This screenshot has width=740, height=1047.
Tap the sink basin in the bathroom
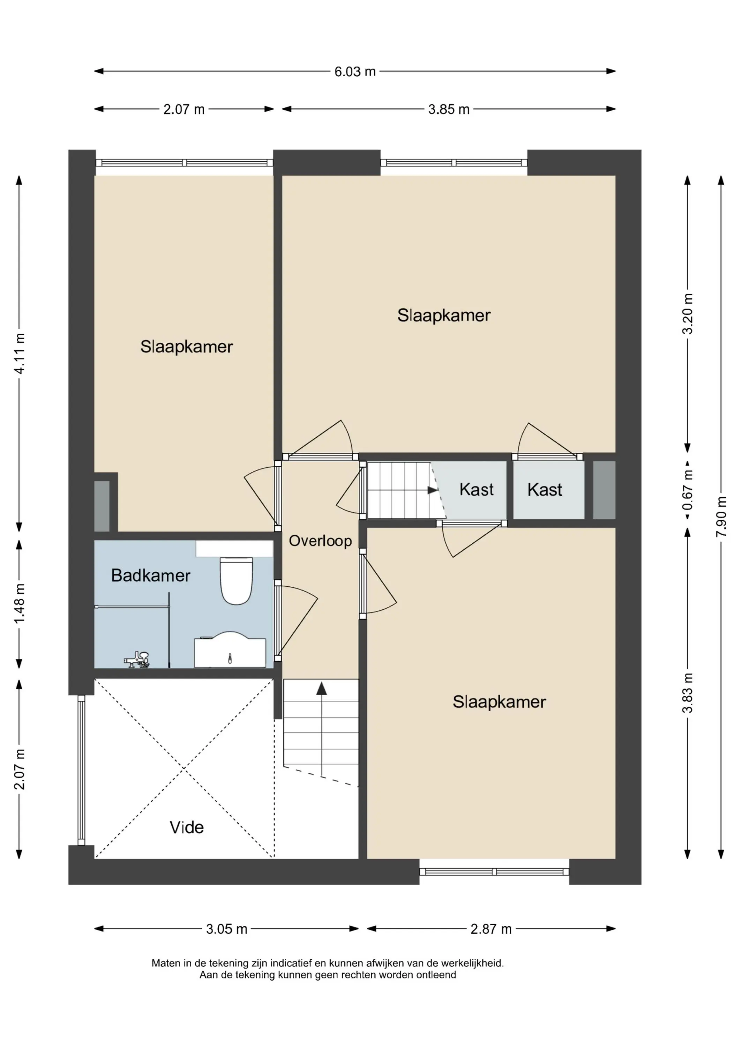click(x=230, y=649)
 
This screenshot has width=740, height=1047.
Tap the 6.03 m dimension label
click(x=355, y=72)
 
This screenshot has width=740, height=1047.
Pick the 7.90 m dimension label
click(x=721, y=516)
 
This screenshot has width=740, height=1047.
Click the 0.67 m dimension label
click(x=688, y=490)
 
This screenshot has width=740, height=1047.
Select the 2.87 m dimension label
click(x=491, y=929)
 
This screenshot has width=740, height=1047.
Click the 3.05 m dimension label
click(x=226, y=929)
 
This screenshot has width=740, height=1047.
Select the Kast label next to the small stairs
click(x=477, y=489)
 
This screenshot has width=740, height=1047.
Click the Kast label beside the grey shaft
click(x=545, y=490)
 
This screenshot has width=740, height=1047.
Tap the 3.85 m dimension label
click(x=449, y=110)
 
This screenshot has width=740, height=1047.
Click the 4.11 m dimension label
click(x=19, y=354)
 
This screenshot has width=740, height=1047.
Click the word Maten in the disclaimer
click(x=166, y=964)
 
